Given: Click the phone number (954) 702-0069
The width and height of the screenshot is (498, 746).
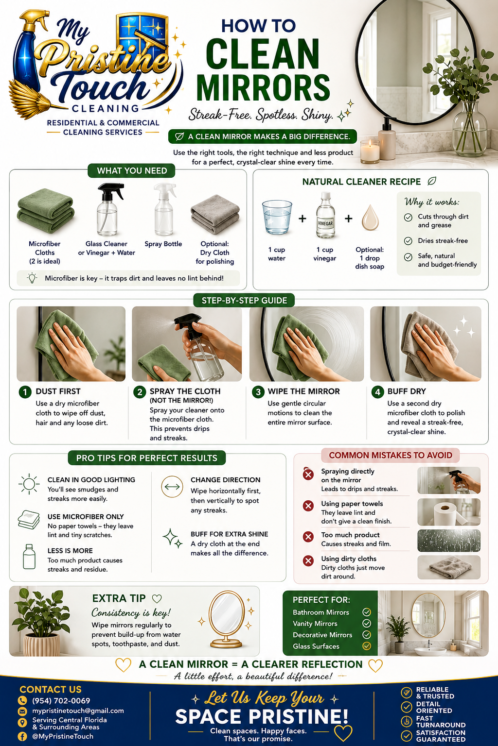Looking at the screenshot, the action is click(x=61, y=700).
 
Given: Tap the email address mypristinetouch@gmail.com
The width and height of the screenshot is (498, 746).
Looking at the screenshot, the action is click(x=78, y=711).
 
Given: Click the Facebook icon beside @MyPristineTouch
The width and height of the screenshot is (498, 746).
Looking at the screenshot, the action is click(x=22, y=736).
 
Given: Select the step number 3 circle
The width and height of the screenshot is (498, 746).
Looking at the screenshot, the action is click(x=258, y=392).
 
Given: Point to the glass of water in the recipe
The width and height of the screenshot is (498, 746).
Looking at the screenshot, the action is click(x=277, y=217).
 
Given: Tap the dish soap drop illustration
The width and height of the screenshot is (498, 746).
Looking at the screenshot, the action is click(x=370, y=218).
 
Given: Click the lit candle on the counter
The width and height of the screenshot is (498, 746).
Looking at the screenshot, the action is click(x=370, y=152).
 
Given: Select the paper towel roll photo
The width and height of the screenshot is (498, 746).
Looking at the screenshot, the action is click(x=448, y=512).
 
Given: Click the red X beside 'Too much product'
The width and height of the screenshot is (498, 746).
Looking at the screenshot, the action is click(x=308, y=537).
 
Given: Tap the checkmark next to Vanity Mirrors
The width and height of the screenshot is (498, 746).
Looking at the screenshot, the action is click(x=367, y=624).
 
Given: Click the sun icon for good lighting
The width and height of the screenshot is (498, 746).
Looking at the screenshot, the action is click(x=29, y=484).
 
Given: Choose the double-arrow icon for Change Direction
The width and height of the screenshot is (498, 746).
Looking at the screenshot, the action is click(x=172, y=487).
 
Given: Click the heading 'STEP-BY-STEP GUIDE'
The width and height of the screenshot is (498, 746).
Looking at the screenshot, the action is click(x=244, y=301).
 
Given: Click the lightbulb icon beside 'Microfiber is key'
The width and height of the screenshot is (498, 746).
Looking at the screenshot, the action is click(x=32, y=278).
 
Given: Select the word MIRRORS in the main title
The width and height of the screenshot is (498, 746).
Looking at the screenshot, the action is click(x=263, y=87).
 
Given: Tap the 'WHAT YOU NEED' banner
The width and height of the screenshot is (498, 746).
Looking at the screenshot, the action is click(x=132, y=171).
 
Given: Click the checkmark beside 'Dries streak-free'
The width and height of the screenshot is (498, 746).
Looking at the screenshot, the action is click(x=409, y=241).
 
